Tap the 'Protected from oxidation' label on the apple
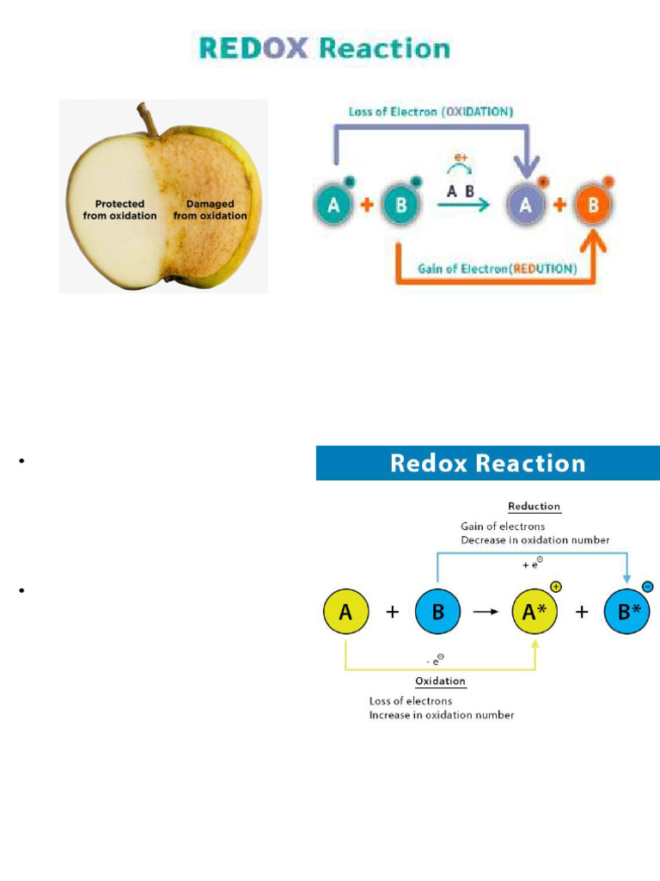(x=119, y=210)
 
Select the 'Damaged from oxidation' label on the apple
(x=210, y=210)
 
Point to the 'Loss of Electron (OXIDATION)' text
(x=431, y=112)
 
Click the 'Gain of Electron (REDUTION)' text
(x=498, y=268)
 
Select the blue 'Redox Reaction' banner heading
(x=487, y=463)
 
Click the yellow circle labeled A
(x=346, y=613)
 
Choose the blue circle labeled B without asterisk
(x=438, y=613)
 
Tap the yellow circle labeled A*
(x=535, y=613)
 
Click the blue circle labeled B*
(x=626, y=613)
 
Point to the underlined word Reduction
(x=534, y=506)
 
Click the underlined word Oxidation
(x=440, y=681)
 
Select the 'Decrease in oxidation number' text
(x=535, y=540)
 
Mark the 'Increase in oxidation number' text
(x=441, y=715)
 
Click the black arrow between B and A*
(x=486, y=613)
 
